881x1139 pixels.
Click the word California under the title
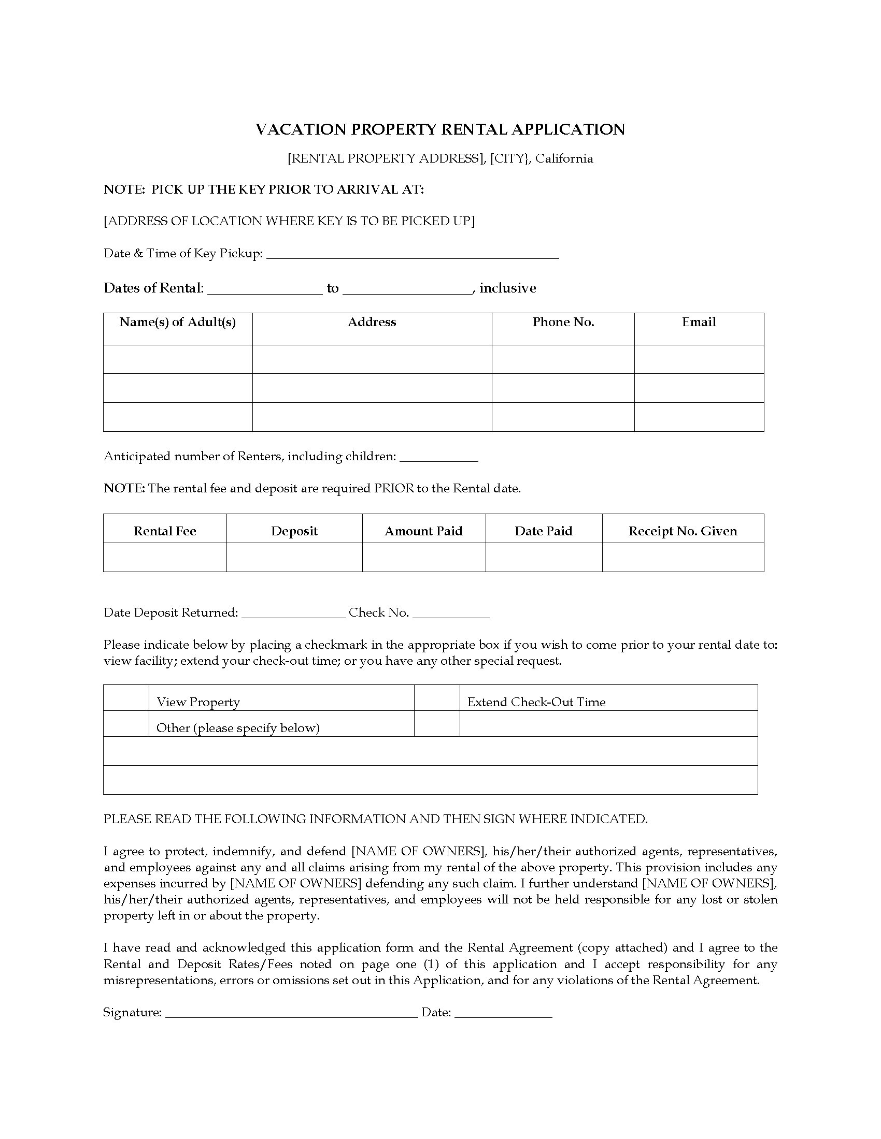pyautogui.click(x=564, y=158)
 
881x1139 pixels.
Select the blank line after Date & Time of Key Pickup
pyautogui.click(x=413, y=255)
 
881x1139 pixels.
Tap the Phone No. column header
pyautogui.click(x=563, y=323)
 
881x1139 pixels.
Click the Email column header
pyautogui.click(x=699, y=323)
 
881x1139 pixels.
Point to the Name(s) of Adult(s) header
pyautogui.click(x=177, y=323)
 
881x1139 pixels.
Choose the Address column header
pyautogui.click(x=372, y=323)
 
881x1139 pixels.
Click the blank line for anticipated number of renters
pyautogui.click(x=438, y=458)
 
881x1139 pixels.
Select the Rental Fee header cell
pyautogui.click(x=165, y=531)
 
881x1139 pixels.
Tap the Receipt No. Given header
pyautogui.click(x=683, y=531)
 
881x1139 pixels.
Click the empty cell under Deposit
pyautogui.click(x=294, y=558)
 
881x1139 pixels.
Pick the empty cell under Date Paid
pyautogui.click(x=544, y=558)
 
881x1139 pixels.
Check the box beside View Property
pyautogui.click(x=126, y=698)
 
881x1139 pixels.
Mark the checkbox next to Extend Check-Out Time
pyautogui.click(x=437, y=698)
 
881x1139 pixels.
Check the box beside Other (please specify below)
pyautogui.click(x=126, y=724)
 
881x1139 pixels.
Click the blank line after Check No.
pyautogui.click(x=451, y=614)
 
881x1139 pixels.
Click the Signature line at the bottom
pyautogui.click(x=291, y=1013)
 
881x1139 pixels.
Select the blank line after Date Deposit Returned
pyautogui.click(x=294, y=614)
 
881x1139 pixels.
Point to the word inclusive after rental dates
pyautogui.click(x=507, y=288)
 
